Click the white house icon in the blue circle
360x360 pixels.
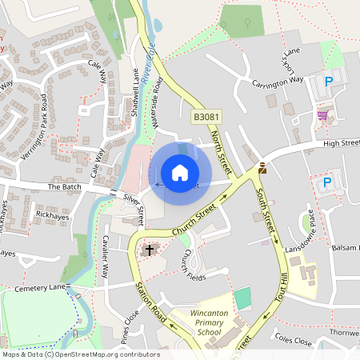(180, 172)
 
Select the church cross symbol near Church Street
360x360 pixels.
(148, 250)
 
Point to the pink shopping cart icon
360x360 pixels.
(322, 116)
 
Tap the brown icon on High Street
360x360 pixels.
(262, 169)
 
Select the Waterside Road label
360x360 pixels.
(160, 104)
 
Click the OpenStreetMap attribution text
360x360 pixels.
(80, 354)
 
